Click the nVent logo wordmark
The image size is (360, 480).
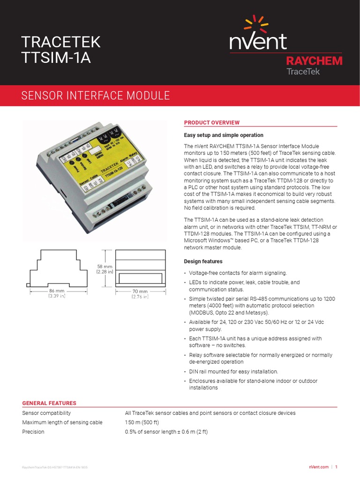point(258,41)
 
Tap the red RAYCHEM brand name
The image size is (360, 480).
point(314,61)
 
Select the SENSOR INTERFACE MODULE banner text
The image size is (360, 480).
point(96,96)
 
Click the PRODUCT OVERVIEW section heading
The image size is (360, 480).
point(211,123)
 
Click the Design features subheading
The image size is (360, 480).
point(203,261)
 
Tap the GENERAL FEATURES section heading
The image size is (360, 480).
point(49,403)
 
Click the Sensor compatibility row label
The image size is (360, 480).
point(46,413)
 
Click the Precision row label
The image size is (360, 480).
point(33,432)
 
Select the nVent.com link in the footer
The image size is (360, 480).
point(317,467)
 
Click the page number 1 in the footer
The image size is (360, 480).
point(336,467)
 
